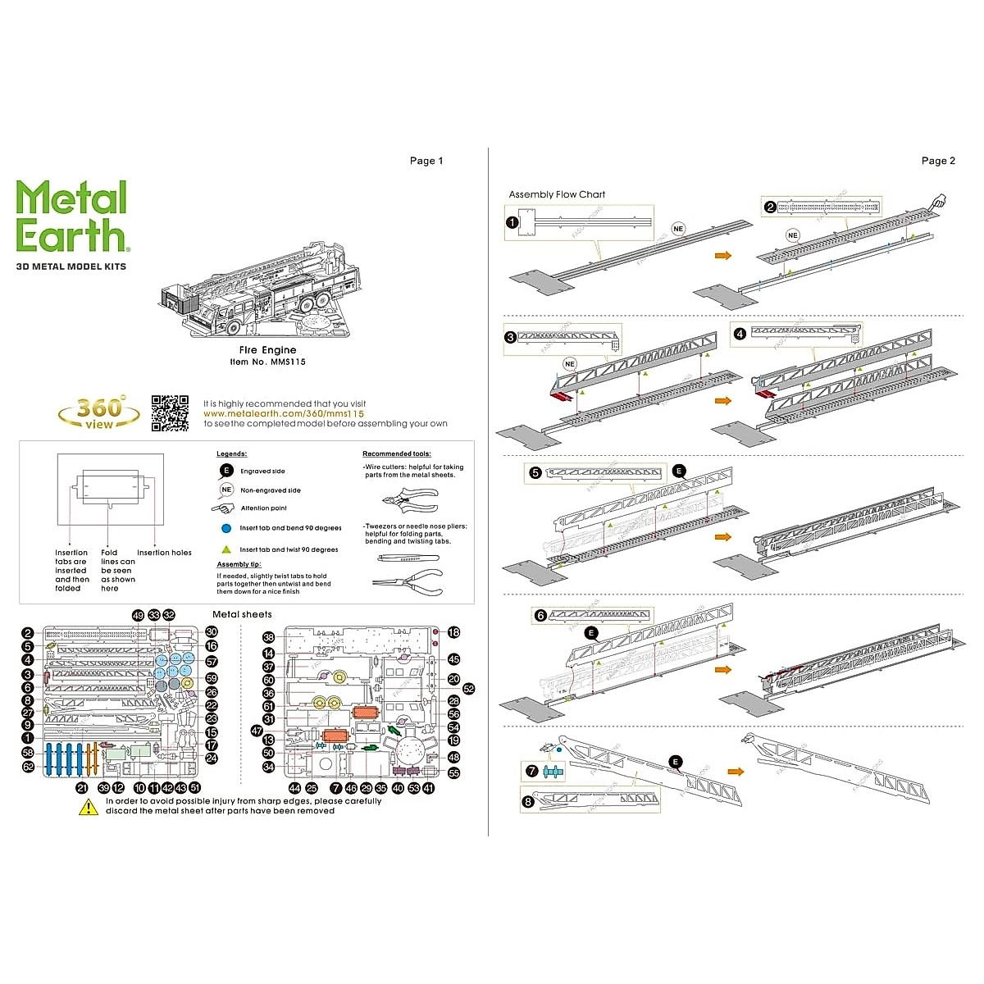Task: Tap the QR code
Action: tap(170, 412)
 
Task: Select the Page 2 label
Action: tap(938, 161)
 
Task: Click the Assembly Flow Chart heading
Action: tap(557, 194)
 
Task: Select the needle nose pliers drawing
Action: tap(408, 582)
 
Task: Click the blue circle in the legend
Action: tap(225, 528)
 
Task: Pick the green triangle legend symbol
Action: tap(225, 549)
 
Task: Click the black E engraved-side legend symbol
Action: tap(225, 471)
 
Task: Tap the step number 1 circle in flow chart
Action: tap(512, 221)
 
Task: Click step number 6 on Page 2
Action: tap(540, 615)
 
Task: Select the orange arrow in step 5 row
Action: tap(722, 537)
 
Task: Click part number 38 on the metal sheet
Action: tap(268, 637)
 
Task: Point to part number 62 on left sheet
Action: tap(28, 767)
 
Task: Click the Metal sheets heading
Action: tap(242, 614)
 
